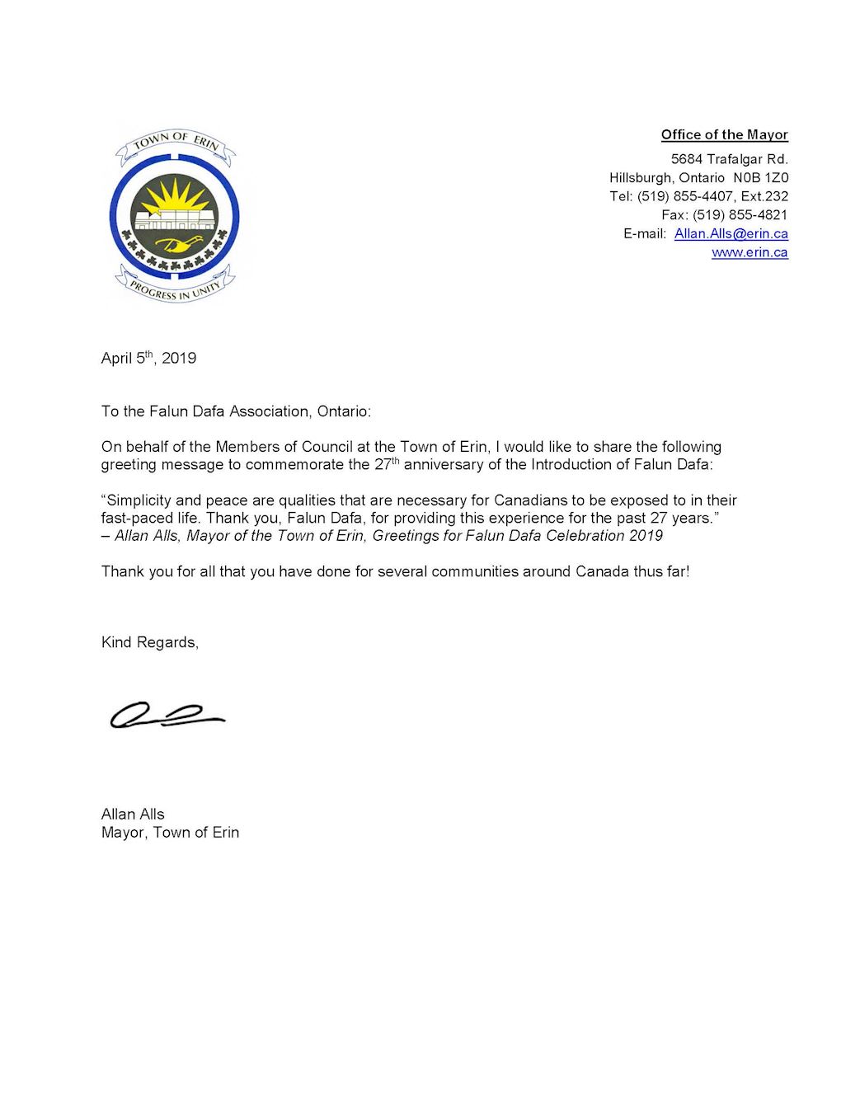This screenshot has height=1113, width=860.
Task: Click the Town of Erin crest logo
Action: (175, 218)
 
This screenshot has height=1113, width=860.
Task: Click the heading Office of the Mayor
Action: (724, 134)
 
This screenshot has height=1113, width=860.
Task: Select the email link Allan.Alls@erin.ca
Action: (731, 233)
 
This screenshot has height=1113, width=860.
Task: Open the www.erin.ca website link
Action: (750, 252)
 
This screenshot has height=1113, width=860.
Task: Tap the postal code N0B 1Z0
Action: (760, 177)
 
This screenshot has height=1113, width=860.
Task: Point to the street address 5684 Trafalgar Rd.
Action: (729, 158)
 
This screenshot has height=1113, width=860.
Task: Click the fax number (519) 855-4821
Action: (740, 214)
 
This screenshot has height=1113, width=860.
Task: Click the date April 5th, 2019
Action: (148, 358)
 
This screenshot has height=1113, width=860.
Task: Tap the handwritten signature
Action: (167, 715)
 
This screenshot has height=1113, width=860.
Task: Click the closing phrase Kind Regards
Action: (149, 642)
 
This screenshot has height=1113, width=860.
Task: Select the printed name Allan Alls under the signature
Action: (133, 814)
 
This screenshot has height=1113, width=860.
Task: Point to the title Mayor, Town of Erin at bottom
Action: (170, 832)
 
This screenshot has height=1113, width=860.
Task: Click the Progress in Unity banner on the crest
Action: (175, 288)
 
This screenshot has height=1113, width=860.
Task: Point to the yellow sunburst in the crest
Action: (174, 196)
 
